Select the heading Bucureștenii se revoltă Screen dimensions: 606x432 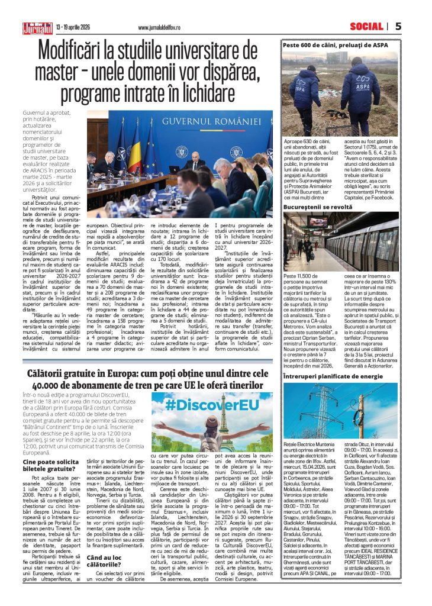(318, 207)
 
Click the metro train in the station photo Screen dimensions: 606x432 (373, 243)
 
